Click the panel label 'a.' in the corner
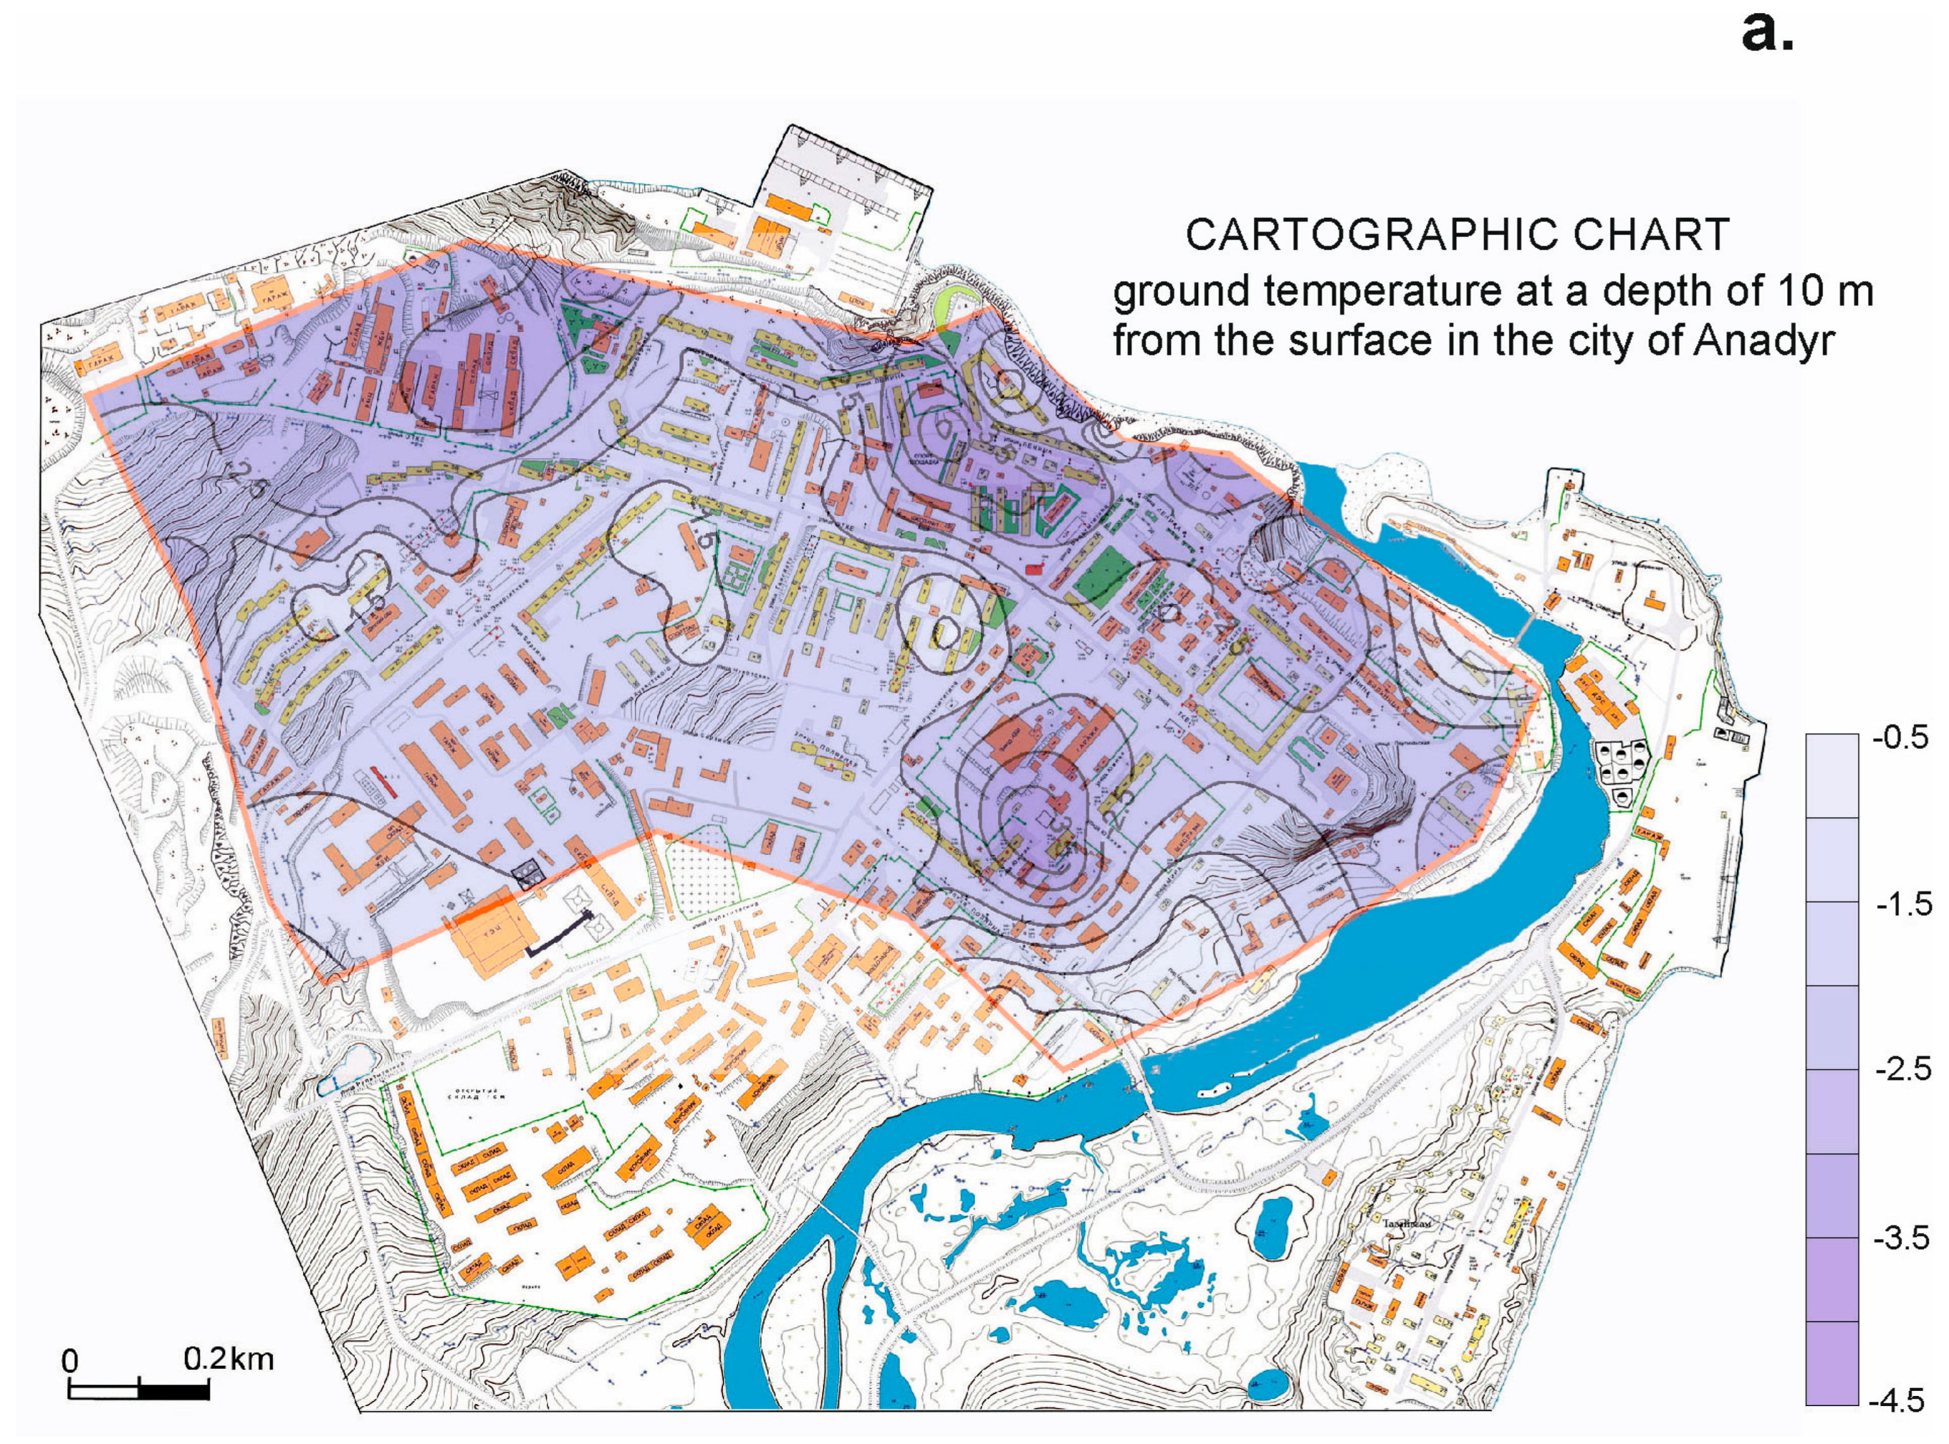click(x=1766, y=33)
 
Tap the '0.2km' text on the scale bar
click(x=229, y=1359)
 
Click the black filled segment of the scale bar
click(x=174, y=1390)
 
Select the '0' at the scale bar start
click(x=70, y=1362)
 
